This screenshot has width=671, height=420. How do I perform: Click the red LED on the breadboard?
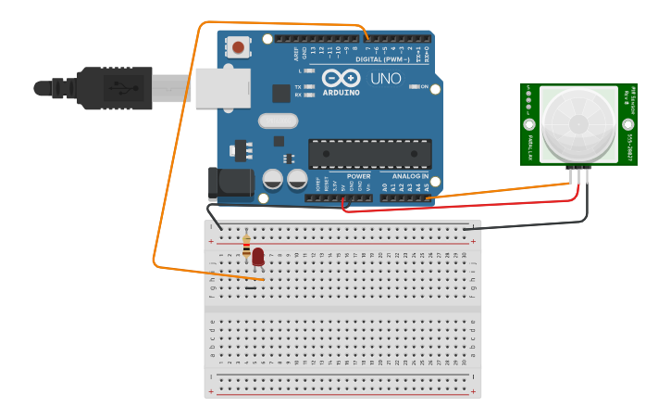pos(257,256)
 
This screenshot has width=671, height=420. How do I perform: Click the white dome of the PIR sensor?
pos(578,123)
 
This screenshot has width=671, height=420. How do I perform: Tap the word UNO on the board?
pos(386,79)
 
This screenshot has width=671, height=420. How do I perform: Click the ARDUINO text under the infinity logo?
pos(342,93)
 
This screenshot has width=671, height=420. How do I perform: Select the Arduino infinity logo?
pos(341,79)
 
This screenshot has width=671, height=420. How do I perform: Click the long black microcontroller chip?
pos(369,154)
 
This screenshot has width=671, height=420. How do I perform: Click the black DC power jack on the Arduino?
pos(231,184)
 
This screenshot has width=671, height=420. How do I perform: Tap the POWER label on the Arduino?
pos(358,175)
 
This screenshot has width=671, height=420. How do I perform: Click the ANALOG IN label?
pos(410,175)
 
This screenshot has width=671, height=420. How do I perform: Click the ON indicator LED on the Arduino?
pos(412,87)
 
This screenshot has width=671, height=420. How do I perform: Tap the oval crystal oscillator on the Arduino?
pos(278,120)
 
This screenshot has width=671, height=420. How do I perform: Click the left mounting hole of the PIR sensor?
pos(529,124)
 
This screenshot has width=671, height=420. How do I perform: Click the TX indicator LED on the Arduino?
pos(310,86)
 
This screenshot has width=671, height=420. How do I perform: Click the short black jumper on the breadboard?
pos(251,287)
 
